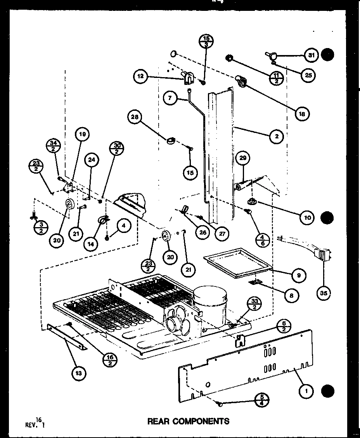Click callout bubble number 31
coord(311,55)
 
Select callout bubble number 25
coord(308,75)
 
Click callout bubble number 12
coord(140,77)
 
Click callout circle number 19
coord(82,135)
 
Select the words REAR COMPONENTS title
coord(188,421)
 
